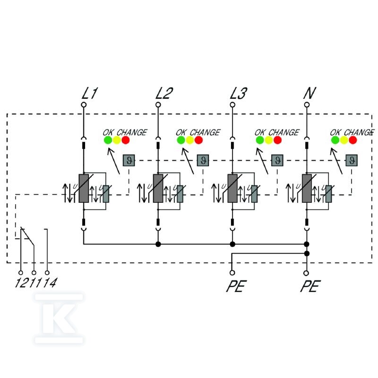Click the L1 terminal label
click(x=90, y=93)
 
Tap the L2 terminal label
click(x=164, y=93)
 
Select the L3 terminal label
click(x=239, y=93)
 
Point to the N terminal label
click(x=309, y=93)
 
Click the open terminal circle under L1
click(x=84, y=105)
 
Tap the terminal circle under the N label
click(x=307, y=105)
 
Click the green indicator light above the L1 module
click(x=108, y=140)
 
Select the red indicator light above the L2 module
click(x=198, y=140)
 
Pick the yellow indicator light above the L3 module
click(x=268, y=140)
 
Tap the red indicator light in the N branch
click(x=352, y=140)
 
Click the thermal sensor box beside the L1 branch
click(x=129, y=160)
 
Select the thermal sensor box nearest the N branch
click(x=352, y=160)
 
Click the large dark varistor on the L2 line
click(x=158, y=188)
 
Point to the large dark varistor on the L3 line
click(x=232, y=188)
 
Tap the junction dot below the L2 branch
click(x=158, y=244)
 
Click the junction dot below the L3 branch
click(x=232, y=244)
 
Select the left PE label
click(x=236, y=286)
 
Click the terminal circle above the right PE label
click(x=306, y=273)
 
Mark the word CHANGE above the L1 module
click(x=132, y=132)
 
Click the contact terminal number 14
click(x=50, y=283)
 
